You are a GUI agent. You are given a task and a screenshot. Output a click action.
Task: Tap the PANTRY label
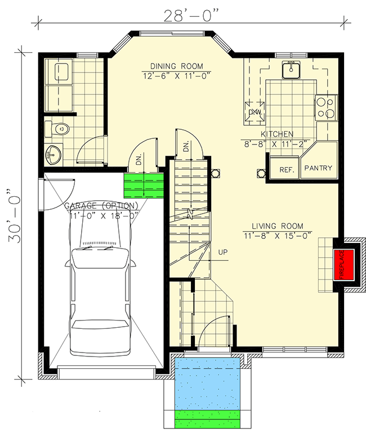point(318,168)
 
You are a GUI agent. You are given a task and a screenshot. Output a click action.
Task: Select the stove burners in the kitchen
point(325,107)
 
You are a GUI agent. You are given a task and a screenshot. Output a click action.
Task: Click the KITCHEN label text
point(276,134)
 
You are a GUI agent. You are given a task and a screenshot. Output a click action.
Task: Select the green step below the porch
point(208,419)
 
